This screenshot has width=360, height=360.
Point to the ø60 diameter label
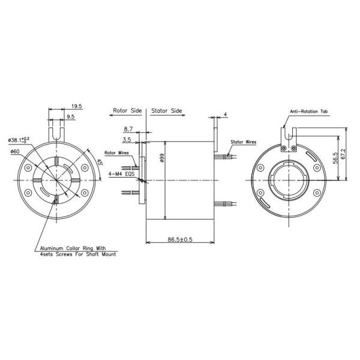tap(16, 152)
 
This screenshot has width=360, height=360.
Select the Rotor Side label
tap(127, 112)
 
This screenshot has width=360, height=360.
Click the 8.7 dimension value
tap(128, 129)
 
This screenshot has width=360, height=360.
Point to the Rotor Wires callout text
tap(116, 153)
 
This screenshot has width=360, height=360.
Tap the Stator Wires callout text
tap(243, 143)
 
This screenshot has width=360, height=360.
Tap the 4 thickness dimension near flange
tap(224, 113)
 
